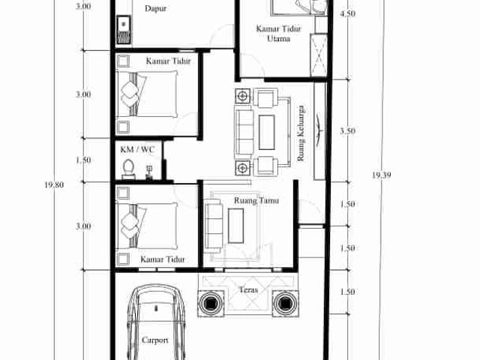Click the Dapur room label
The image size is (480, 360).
click(155, 8)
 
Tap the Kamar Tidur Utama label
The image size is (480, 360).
click(278, 34)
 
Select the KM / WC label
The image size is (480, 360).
click(137, 149)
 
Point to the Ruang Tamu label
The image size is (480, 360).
click(256, 200)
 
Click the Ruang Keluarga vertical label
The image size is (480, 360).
click(301, 133)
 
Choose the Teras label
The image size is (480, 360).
click(248, 289)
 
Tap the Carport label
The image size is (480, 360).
click(155, 340)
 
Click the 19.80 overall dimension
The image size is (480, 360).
click(54, 185)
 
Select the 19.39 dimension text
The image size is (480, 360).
click(382, 175)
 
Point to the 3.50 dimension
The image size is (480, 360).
click(348, 131)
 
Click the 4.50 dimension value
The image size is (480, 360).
click(348, 13)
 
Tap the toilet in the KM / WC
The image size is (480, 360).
click(128, 169)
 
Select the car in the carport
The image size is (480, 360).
click(156, 322)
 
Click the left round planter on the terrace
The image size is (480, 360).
click(211, 303)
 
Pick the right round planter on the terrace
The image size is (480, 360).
click(285, 303)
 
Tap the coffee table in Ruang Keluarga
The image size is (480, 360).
click(267, 132)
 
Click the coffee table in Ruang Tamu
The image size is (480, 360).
click(236, 226)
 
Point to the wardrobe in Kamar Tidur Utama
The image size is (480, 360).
click(319, 55)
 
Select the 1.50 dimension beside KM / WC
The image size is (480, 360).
click(83, 160)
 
